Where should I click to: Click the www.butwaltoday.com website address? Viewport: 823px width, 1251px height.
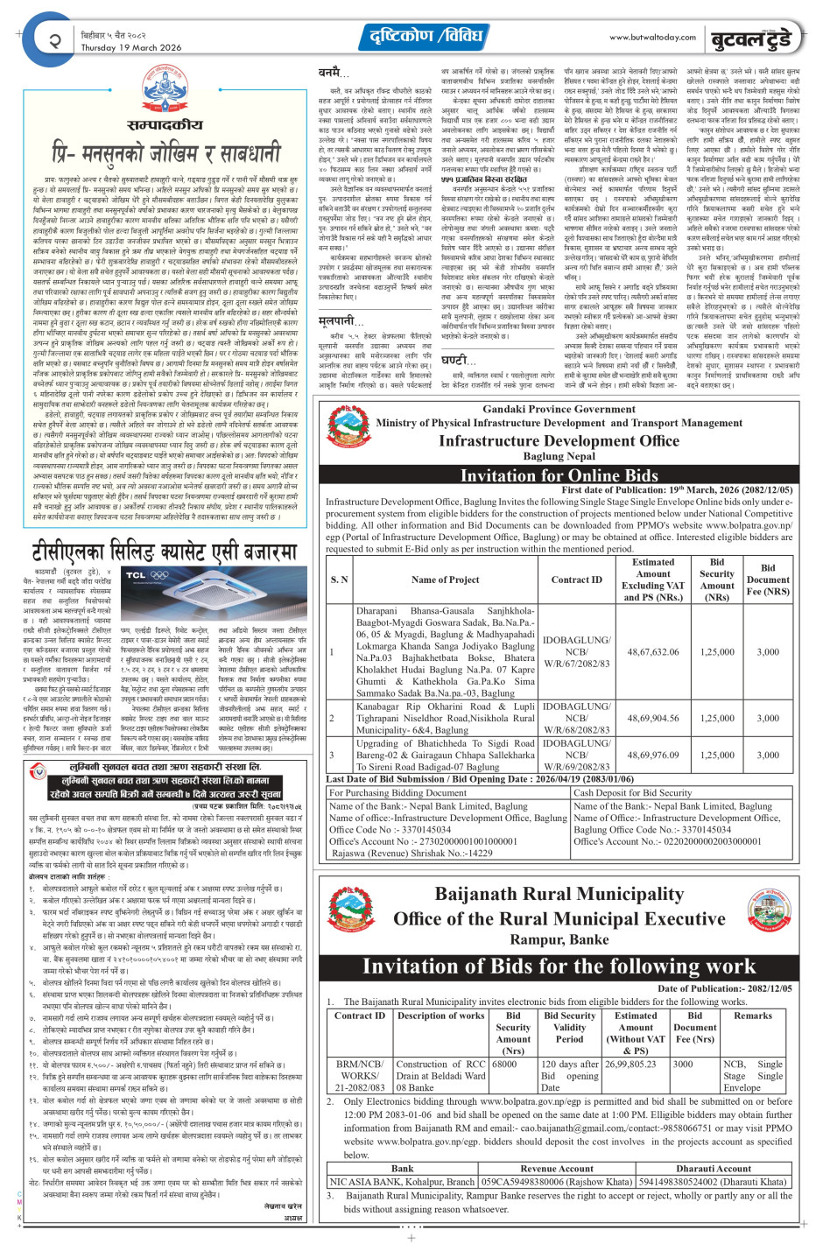click(x=652, y=37)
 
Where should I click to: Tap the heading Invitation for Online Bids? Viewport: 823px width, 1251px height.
click(x=559, y=475)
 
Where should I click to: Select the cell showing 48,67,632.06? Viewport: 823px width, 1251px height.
click(x=652, y=651)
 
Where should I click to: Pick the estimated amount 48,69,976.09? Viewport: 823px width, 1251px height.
click(x=652, y=755)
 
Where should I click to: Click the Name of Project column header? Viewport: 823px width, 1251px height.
click(x=445, y=579)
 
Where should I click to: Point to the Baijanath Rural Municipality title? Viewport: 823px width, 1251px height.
click(x=559, y=895)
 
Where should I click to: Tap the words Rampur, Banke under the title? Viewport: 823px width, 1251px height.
click(x=559, y=940)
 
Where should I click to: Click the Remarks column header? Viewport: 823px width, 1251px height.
click(x=752, y=1016)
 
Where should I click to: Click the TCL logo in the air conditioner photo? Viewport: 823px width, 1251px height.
click(x=136, y=575)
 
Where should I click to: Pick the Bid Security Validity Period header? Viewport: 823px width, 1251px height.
click(x=569, y=1027)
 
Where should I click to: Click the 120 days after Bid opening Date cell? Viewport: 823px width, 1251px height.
click(x=569, y=1076)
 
